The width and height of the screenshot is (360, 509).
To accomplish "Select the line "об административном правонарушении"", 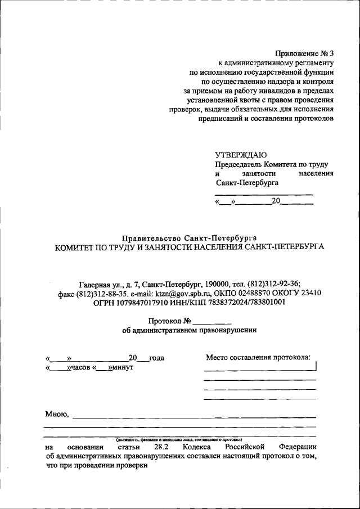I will [189, 331].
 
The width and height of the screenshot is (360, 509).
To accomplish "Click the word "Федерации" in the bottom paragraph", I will [297, 447].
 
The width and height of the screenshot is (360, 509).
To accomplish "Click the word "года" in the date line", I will [156, 358].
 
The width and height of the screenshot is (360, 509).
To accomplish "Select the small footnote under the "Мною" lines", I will [179, 438].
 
